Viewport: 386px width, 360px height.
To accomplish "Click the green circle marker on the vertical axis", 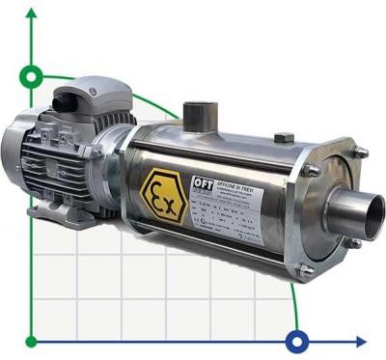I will click(33, 75).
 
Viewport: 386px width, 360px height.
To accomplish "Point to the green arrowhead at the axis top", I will click(33, 13).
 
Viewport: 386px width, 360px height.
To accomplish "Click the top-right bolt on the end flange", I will click(361, 152).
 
